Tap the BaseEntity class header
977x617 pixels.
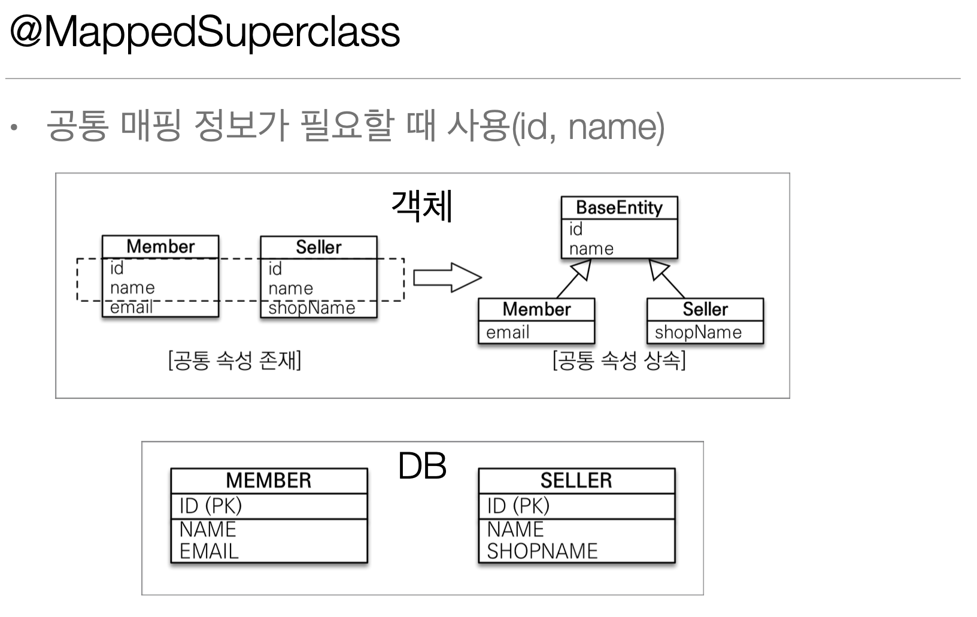pyautogui.click(x=619, y=208)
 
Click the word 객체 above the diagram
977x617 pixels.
pyautogui.click(x=422, y=206)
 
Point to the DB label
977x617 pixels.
pyautogui.click(x=422, y=466)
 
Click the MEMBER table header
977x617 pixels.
pyautogui.click(x=269, y=480)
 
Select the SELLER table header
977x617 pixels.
pyautogui.click(x=576, y=480)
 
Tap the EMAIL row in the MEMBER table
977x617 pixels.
pyautogui.click(x=209, y=551)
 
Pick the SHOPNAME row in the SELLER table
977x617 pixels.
pyautogui.click(x=542, y=551)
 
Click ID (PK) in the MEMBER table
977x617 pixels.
pyautogui.click(x=211, y=506)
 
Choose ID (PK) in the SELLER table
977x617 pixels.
pyautogui.click(x=518, y=506)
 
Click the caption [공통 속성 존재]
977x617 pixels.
pyautogui.click(x=235, y=361)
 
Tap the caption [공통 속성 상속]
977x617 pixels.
pyautogui.click(x=619, y=361)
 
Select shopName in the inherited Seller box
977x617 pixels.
pyautogui.click(x=698, y=332)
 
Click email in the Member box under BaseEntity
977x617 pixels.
pyautogui.click(x=508, y=332)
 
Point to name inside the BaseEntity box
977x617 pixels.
pyautogui.click(x=591, y=249)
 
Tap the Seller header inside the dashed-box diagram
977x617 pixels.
pyautogui.click(x=318, y=247)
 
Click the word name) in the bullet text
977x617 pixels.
pyautogui.click(x=616, y=127)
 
